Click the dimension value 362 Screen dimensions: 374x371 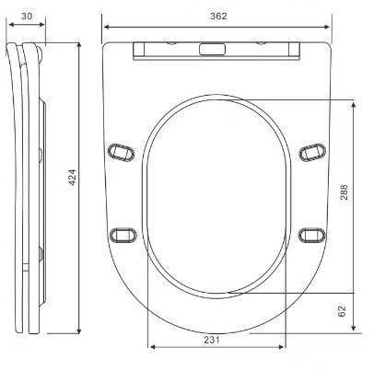(x=218, y=16)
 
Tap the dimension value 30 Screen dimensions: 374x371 (x=27, y=16)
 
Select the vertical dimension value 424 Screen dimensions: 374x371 (x=72, y=177)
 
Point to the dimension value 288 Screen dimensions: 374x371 (x=345, y=192)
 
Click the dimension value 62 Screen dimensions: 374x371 (x=342, y=310)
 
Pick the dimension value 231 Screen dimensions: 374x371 (x=212, y=340)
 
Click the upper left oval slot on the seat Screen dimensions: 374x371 (x=121, y=152)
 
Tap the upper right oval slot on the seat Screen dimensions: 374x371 (x=312, y=152)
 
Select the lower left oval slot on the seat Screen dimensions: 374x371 (x=123, y=236)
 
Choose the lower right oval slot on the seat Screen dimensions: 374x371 (x=312, y=236)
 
